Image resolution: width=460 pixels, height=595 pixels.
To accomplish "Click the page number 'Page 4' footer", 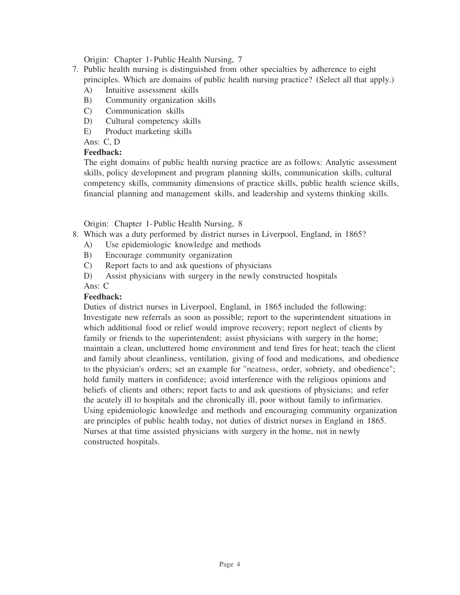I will click(230, 564).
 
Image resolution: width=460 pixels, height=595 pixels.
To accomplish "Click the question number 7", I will click(75, 70).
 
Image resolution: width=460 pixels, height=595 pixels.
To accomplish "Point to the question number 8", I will click(75, 234).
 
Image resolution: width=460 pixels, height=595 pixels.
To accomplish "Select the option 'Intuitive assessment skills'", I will click(152, 90).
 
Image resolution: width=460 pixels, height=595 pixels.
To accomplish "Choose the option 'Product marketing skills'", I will click(148, 131).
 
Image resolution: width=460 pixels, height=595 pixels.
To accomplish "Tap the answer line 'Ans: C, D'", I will click(102, 142).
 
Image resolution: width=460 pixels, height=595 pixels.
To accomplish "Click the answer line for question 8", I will click(96, 286).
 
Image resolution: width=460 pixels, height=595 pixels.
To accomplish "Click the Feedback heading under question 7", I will click(102, 152).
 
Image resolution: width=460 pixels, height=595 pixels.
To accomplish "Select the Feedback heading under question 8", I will click(102, 297).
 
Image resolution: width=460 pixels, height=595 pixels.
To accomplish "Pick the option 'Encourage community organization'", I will click(169, 255).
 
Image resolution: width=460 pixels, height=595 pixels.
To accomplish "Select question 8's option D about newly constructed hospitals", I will click(221, 276).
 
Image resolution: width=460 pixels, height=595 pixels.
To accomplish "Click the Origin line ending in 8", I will click(163, 224).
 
